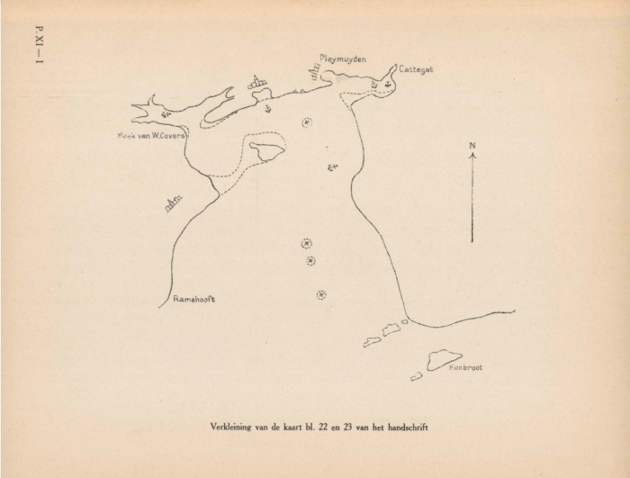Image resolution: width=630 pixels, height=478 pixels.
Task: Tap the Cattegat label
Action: point(415,69)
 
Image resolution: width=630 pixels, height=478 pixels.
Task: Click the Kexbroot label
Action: point(465,367)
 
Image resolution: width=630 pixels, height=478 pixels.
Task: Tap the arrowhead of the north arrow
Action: point(472,156)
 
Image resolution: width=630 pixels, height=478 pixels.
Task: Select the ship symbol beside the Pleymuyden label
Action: point(315,73)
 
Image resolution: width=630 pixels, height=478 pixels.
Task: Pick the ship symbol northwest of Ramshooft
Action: point(174,203)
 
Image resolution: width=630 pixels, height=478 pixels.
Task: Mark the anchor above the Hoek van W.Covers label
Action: point(166,113)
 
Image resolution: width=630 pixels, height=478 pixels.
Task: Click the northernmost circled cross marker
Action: point(307,122)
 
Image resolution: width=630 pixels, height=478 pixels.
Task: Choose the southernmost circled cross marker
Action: point(321,294)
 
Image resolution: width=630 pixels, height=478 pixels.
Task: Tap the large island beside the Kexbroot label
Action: point(444,359)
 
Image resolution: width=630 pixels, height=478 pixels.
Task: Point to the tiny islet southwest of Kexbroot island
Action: point(416,376)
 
